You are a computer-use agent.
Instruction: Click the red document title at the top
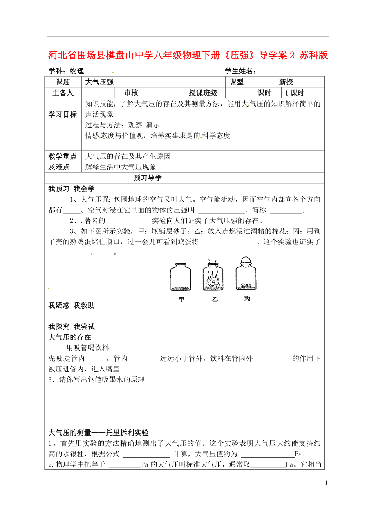coord(188,55)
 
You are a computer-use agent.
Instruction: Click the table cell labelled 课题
coord(63,82)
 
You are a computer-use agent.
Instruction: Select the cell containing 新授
coord(286,82)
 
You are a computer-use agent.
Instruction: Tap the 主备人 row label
coord(63,93)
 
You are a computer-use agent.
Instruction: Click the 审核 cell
coord(131,93)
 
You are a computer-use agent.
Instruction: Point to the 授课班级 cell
coord(203,93)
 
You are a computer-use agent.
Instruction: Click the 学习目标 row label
coord(63,114)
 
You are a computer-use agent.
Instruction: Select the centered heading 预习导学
coord(148,178)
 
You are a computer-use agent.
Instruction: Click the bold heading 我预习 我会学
coord(72,189)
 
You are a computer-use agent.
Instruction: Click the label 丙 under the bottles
coord(247,299)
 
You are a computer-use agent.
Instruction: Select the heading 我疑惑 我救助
coord(72,306)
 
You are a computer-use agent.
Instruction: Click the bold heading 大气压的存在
coord(69,337)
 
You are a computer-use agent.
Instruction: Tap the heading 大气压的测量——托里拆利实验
coord(98,433)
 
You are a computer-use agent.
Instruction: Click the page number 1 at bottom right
coord(326,483)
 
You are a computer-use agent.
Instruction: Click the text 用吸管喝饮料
coord(87,348)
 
